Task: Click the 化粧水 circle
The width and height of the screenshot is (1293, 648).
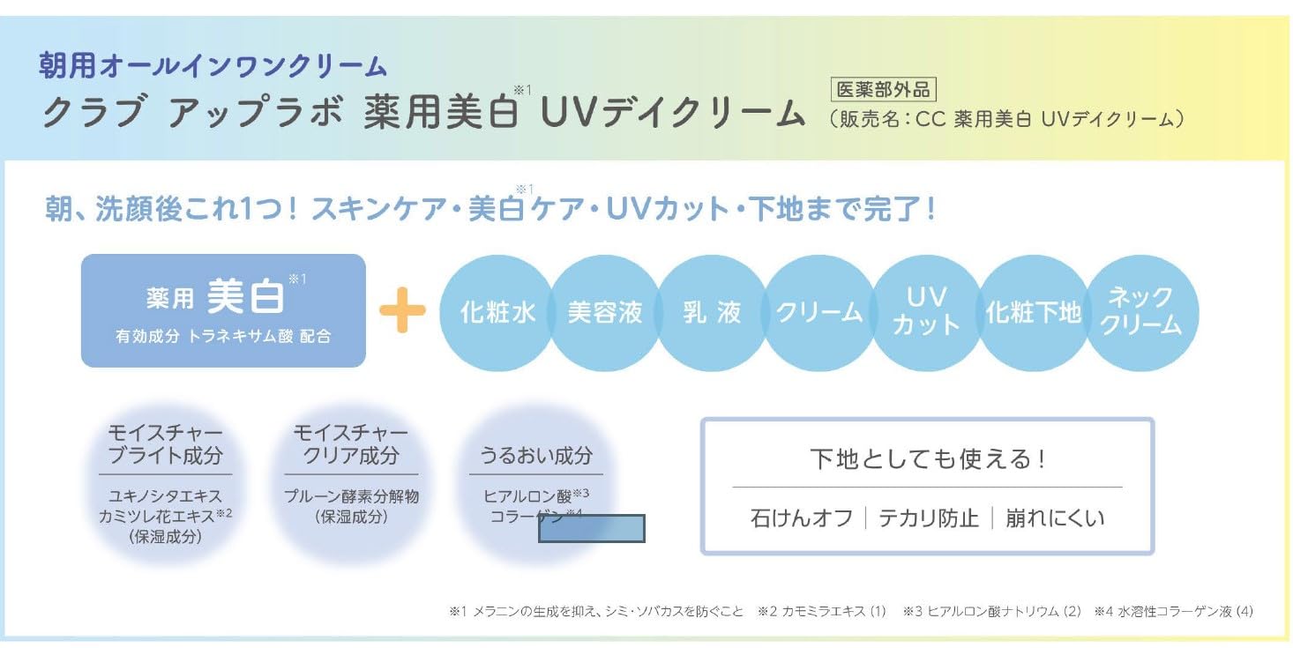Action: click(497, 313)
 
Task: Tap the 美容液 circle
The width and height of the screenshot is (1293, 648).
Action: click(604, 313)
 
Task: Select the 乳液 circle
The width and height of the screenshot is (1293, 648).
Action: click(712, 313)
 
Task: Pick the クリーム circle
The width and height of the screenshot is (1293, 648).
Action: click(819, 313)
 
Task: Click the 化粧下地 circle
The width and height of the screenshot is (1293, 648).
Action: click(1033, 313)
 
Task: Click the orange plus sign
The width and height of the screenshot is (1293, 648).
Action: click(402, 310)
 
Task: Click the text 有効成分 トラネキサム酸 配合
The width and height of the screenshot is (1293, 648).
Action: click(223, 337)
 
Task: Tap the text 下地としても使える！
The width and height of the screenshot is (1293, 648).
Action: click(927, 459)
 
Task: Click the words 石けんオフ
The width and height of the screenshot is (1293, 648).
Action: click(802, 518)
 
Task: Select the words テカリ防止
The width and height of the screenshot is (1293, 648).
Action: click(929, 518)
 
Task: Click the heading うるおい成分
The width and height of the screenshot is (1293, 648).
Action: click(536, 456)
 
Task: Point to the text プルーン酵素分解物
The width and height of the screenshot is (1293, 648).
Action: click(351, 496)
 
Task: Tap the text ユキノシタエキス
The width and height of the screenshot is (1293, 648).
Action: click(165, 497)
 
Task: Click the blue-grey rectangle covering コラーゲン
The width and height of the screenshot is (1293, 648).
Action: click(592, 528)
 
